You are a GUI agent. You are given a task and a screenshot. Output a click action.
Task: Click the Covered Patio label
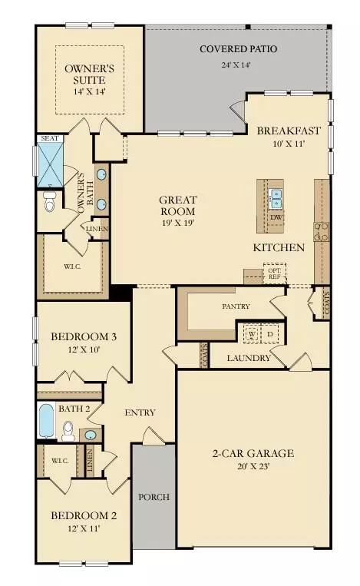[238, 50]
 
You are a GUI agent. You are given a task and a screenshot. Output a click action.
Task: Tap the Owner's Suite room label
[90, 73]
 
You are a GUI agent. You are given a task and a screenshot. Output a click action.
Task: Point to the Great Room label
[177, 205]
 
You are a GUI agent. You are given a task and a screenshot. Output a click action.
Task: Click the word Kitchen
[279, 247]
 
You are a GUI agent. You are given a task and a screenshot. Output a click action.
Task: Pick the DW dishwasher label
[276, 217]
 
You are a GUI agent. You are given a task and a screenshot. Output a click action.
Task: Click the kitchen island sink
[276, 198]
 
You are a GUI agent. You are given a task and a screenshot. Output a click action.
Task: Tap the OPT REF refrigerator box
[274, 273]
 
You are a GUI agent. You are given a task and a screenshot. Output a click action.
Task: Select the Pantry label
[236, 306]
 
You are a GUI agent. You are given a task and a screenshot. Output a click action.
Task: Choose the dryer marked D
[270, 336]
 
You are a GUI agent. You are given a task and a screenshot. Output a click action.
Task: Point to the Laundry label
[249, 358]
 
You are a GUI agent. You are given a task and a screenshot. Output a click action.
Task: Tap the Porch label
[154, 496]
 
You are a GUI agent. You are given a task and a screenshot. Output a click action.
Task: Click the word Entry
[140, 412]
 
